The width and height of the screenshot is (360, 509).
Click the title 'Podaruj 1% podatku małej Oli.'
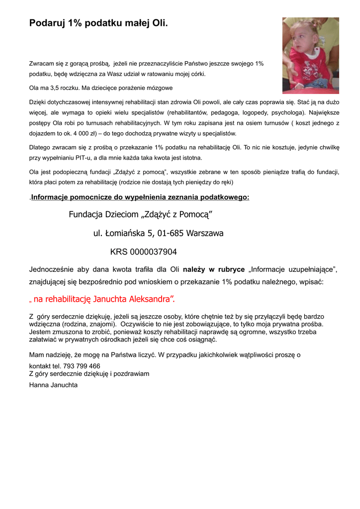[x=98, y=23]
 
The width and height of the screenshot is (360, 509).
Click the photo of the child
[x=310, y=55]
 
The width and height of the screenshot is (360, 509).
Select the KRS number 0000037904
[x=153, y=252]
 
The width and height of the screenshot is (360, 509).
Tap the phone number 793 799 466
[x=82, y=366]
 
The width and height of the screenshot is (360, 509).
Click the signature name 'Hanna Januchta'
[x=53, y=385]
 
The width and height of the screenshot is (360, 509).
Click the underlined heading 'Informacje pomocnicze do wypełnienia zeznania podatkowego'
[x=140, y=197]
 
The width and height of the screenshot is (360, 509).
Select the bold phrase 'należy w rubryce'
[x=214, y=270]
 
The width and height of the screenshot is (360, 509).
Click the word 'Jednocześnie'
[x=52, y=270]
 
